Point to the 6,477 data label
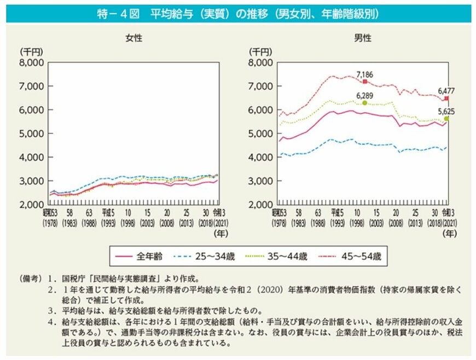click(446, 90)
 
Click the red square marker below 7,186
click(365, 82)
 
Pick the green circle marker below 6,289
click(365, 103)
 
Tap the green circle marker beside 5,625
click(447, 118)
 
